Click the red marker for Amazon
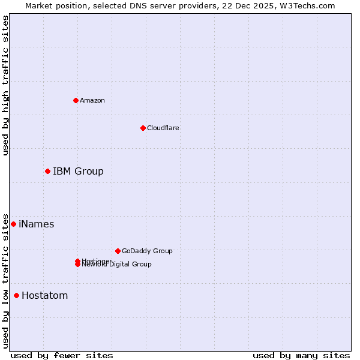click(76, 100)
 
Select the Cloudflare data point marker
click(143, 128)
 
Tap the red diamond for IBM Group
click(47, 172)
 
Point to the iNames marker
click(13, 224)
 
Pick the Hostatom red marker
click(16, 295)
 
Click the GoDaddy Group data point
click(118, 251)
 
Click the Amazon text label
click(92, 100)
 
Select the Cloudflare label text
click(163, 128)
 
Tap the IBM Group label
click(78, 172)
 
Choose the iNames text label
click(37, 224)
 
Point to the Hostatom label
click(45, 296)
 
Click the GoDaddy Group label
click(147, 251)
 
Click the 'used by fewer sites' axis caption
click(62, 356)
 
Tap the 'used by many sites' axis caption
click(301, 356)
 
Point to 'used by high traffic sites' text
click(5, 85)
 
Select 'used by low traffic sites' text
click(5, 280)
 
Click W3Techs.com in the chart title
click(306, 5)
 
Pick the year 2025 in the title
click(259, 5)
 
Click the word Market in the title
click(39, 5)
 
